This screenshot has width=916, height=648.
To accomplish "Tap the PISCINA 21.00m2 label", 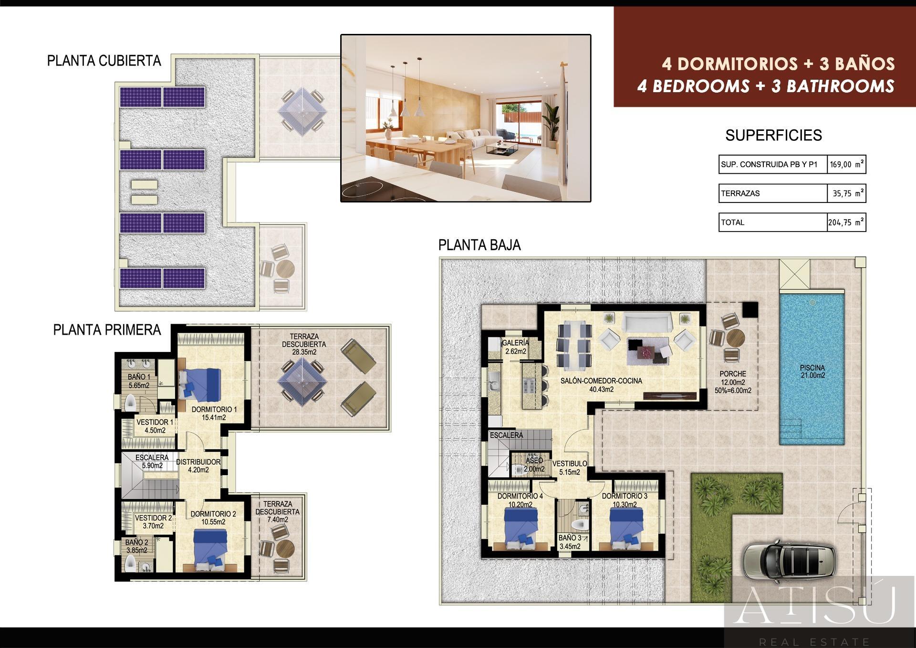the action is click(812, 372).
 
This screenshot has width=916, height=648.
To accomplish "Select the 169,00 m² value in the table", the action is click(846, 165).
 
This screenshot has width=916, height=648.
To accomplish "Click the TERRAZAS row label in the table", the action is click(740, 193).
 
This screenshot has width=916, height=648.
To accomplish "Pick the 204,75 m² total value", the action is click(846, 222).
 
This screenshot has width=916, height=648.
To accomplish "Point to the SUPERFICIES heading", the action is click(773, 136).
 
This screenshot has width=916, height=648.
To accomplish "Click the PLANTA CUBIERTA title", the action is click(104, 61).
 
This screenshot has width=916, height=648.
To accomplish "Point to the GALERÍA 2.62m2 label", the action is click(515, 347).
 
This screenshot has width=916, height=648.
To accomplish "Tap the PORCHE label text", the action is click(733, 374).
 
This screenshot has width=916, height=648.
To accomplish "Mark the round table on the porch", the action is click(735, 338).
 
